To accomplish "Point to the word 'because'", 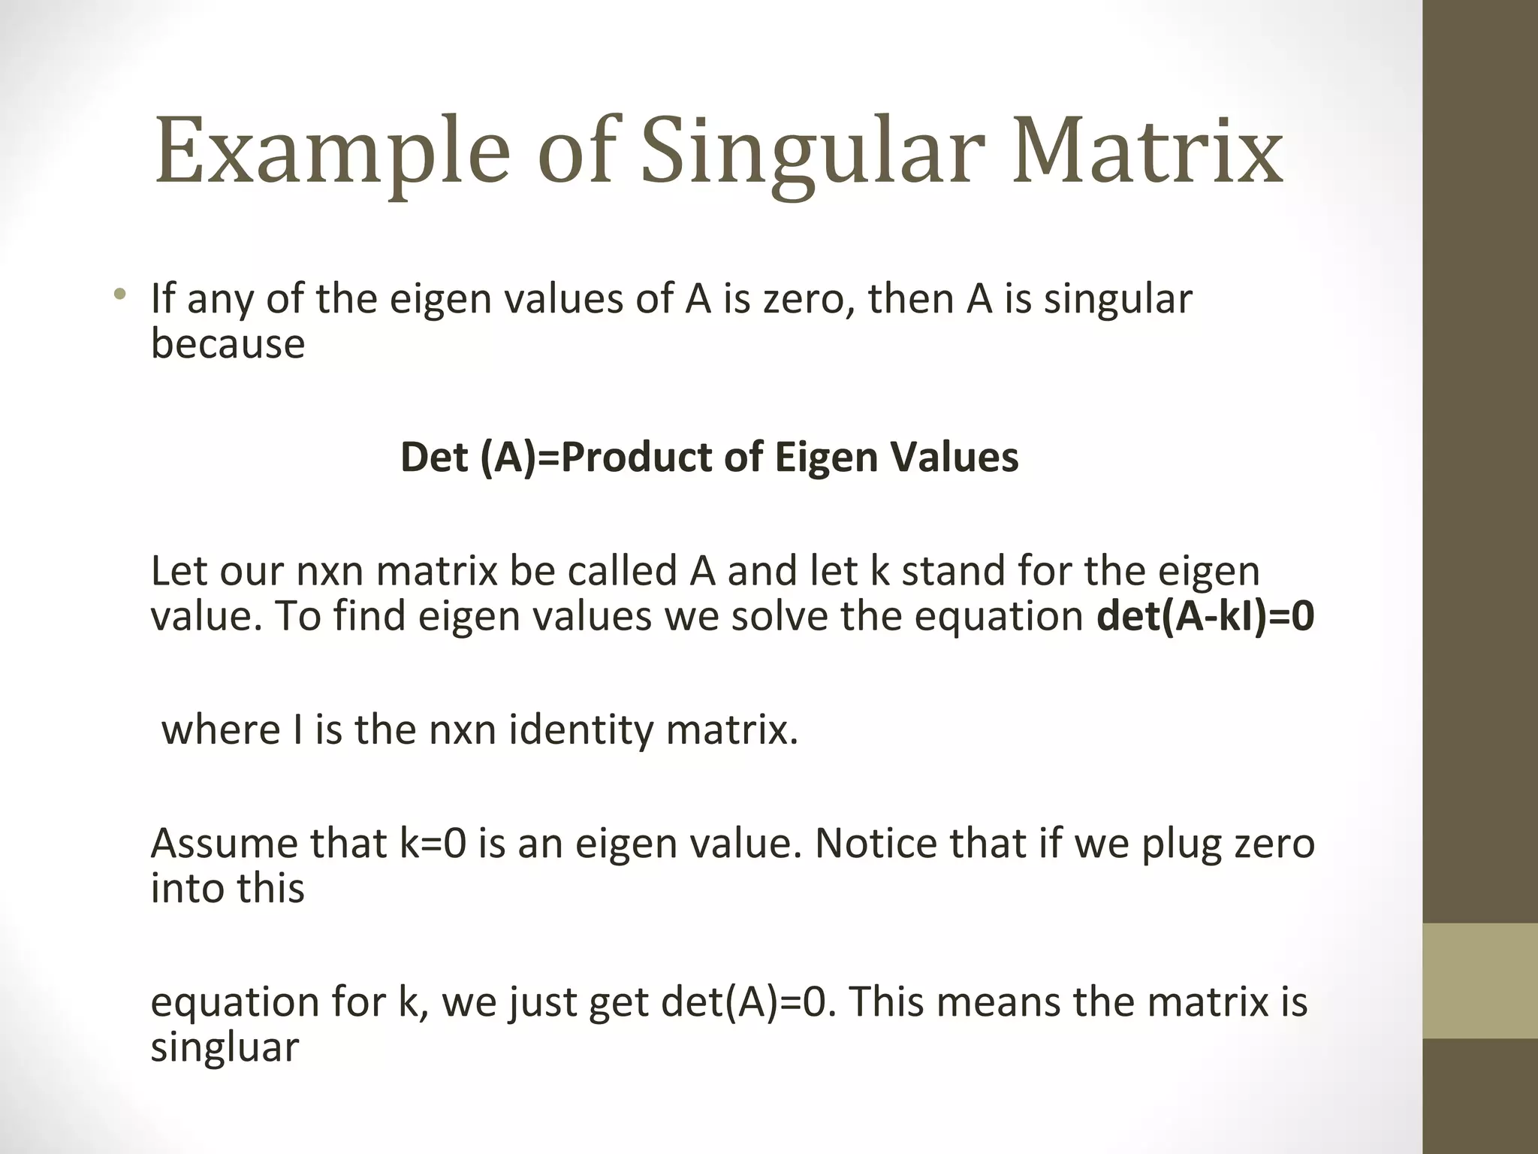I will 228,344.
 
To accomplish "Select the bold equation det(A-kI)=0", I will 1205,616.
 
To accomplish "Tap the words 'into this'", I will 228,888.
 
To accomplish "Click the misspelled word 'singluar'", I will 225,1047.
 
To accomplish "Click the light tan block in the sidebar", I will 1480,980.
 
